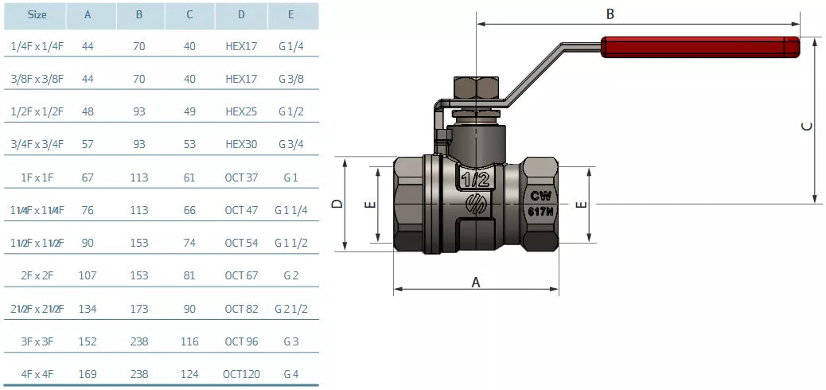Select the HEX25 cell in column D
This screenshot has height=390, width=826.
coord(241,111)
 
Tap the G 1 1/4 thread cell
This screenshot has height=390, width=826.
coord(291,210)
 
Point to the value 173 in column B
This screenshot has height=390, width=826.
coord(139,308)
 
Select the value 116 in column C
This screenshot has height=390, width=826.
coord(189,341)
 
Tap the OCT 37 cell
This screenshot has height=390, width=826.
coord(241,177)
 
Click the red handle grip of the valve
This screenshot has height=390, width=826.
coord(700,46)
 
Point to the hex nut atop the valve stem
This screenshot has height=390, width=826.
coord(476,88)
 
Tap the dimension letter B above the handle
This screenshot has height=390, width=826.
coord(610,14)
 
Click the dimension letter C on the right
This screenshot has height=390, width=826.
coord(806,126)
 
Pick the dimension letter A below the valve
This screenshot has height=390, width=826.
coord(477,282)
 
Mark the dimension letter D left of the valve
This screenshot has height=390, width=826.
coord(337,204)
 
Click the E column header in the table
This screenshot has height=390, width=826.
coord(291,14)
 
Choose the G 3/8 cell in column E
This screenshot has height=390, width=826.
coord(291,79)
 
